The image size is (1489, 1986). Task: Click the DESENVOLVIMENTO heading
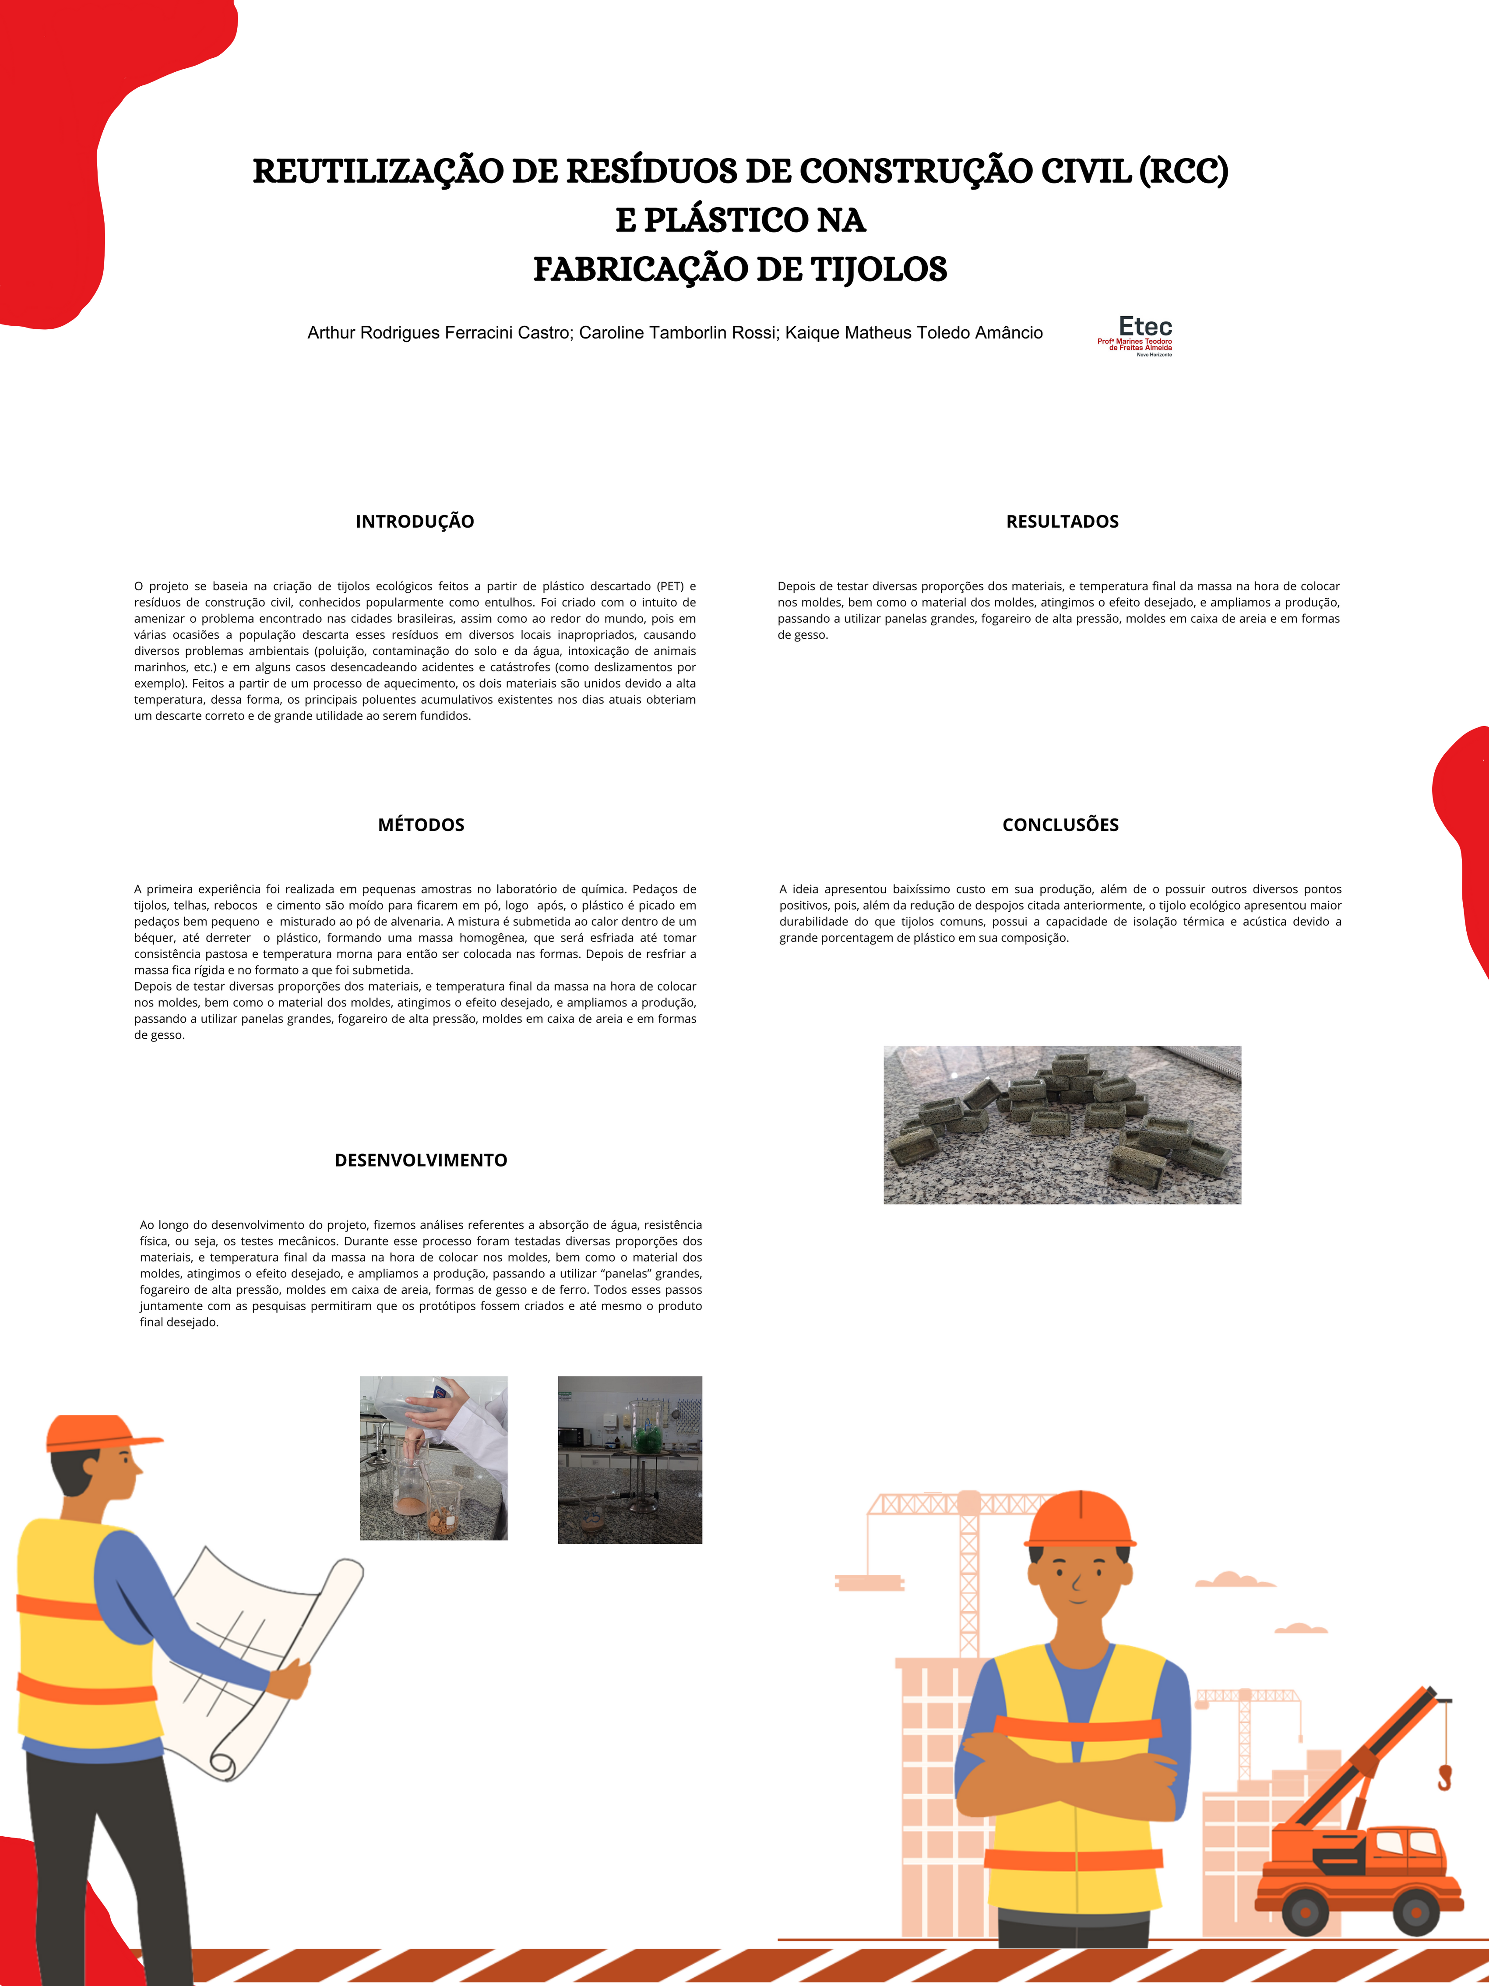click(421, 1160)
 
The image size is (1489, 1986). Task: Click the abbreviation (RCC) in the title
click(1183, 171)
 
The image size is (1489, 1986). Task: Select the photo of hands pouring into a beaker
click(433, 1458)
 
